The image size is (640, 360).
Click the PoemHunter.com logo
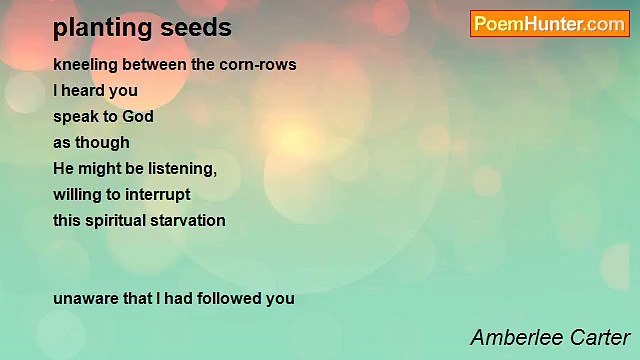click(x=549, y=24)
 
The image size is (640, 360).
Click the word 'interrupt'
click(x=157, y=195)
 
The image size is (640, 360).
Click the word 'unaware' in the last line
click(x=86, y=298)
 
